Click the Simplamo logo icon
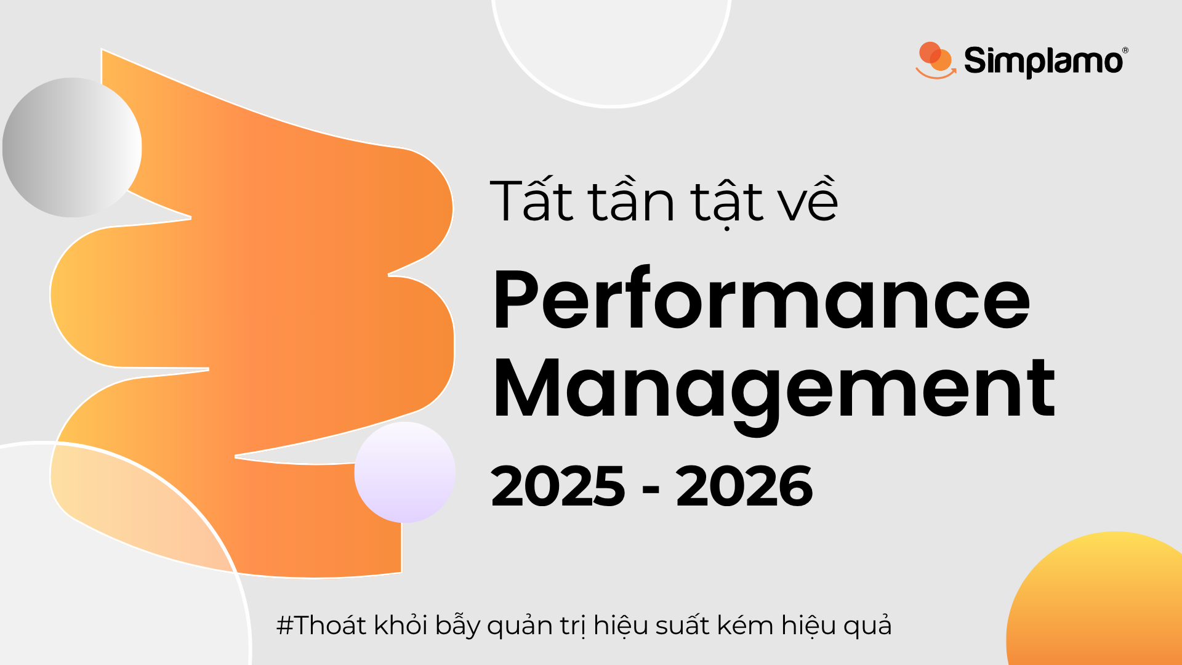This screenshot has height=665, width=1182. [935, 60]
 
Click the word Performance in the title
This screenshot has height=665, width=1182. [762, 301]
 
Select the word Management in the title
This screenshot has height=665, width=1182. [774, 390]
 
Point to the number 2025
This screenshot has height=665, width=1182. [558, 486]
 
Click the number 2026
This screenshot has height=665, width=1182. [744, 486]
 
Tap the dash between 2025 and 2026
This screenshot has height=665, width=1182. [651, 490]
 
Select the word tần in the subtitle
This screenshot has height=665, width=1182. [632, 200]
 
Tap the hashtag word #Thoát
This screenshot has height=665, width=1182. [322, 626]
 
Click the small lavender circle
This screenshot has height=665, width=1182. [404, 472]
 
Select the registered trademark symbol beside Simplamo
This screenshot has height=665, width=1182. [1125, 50]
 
